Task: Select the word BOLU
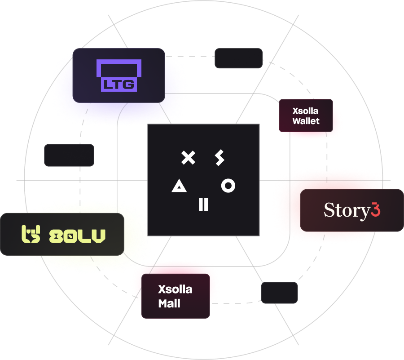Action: [77, 235]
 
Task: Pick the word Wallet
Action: [306, 121]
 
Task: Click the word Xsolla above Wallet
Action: [306, 111]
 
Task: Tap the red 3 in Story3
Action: [376, 210]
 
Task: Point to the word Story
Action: [346, 210]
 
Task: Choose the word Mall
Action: [169, 303]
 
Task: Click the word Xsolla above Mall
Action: [175, 289]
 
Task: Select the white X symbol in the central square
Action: [189, 157]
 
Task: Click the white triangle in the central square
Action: [179, 185]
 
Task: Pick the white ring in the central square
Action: [228, 185]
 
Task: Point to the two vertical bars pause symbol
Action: [203, 204]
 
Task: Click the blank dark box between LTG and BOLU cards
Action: [69, 155]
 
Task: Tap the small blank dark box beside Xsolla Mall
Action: [279, 293]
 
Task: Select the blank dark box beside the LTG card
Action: [238, 58]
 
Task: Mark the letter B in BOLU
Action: [56, 235]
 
